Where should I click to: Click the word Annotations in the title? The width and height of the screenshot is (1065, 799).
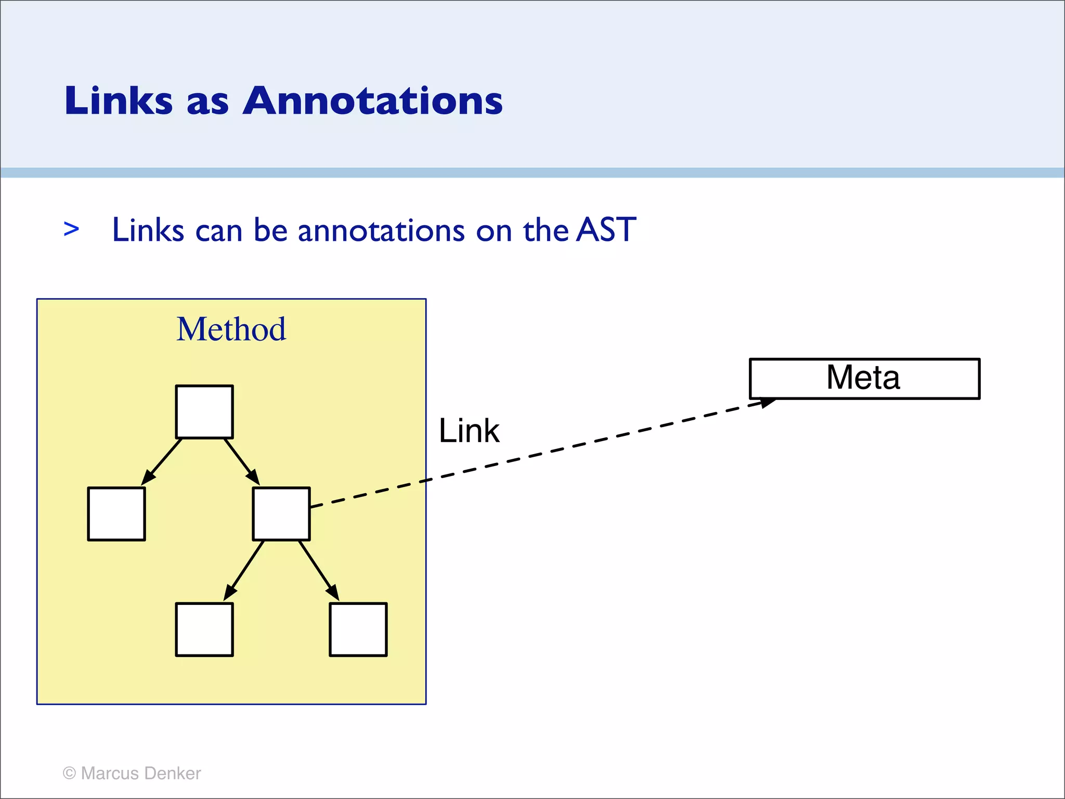[372, 100]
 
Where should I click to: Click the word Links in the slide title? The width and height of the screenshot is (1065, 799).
[118, 100]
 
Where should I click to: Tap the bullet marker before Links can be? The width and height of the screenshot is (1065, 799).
[71, 229]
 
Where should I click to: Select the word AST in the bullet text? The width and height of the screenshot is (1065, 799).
[606, 229]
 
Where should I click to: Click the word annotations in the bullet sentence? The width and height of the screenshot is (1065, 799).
[381, 230]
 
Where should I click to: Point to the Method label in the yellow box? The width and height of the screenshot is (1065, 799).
[231, 329]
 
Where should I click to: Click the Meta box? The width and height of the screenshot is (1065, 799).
[864, 379]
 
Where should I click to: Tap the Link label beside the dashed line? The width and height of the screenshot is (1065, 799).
[469, 431]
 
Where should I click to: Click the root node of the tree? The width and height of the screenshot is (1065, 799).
[204, 412]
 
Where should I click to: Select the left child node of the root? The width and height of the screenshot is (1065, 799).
[116, 514]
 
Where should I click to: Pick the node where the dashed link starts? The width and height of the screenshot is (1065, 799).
[281, 514]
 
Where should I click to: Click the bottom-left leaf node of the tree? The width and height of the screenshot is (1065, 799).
[204, 629]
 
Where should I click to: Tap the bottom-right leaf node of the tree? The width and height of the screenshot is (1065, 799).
[358, 629]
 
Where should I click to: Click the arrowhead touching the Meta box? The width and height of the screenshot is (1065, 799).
[768, 403]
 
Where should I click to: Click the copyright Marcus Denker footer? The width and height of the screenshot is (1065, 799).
[132, 773]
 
